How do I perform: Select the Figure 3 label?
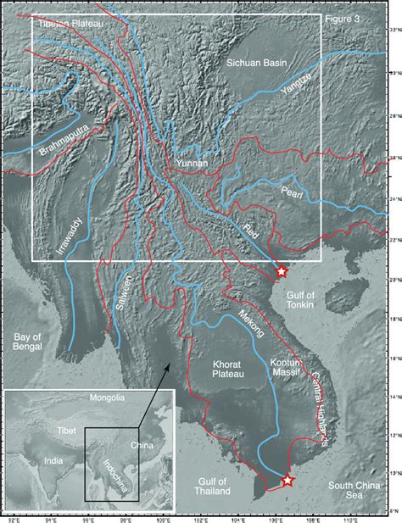[x=344, y=18]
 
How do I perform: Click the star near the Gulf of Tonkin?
[x=282, y=272]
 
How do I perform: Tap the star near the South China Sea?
[x=288, y=481]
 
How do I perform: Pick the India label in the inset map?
[x=41, y=460]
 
